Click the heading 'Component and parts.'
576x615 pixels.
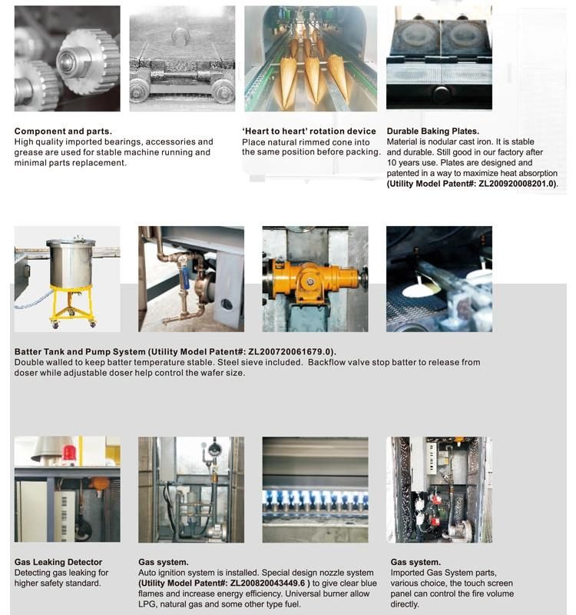coord(63,131)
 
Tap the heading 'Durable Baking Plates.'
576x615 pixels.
coord(433,131)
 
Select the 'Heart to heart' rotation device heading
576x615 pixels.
coord(309,131)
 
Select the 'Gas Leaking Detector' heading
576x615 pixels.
coord(58,562)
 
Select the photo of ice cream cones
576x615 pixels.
coord(310,59)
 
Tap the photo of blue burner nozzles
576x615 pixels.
coord(315,490)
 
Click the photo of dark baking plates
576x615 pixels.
coord(439,59)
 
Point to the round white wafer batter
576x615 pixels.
coord(422,289)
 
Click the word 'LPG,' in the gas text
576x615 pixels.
coord(148,605)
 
